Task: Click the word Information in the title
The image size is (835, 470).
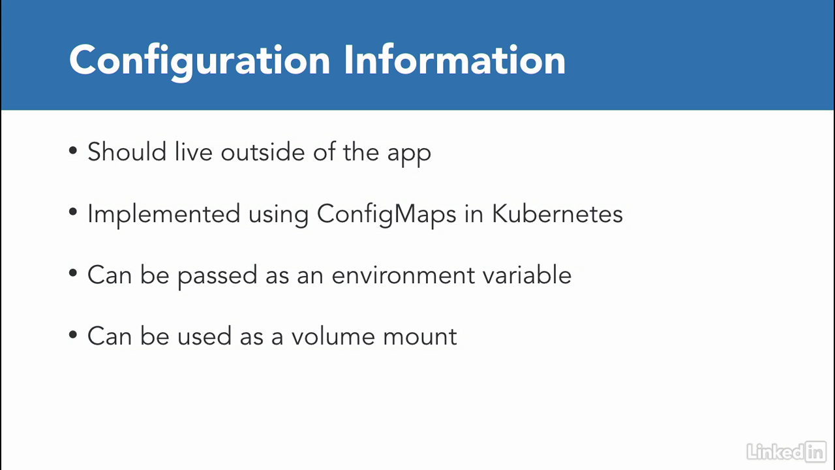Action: (x=455, y=59)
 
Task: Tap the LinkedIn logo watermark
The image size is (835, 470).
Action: (x=786, y=452)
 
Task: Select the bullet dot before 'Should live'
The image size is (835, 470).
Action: (x=73, y=151)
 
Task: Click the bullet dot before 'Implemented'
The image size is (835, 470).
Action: (x=73, y=212)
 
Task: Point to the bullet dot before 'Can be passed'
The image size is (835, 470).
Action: (x=73, y=274)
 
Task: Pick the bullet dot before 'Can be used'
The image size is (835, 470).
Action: (x=73, y=335)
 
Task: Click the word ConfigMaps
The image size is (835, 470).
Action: (x=387, y=215)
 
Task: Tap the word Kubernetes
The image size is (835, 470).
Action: (x=557, y=213)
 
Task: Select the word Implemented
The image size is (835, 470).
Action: (x=164, y=215)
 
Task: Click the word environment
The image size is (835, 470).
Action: (x=403, y=275)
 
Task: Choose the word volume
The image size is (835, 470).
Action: (x=333, y=336)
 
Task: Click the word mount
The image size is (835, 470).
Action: (x=419, y=337)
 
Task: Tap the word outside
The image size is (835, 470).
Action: (x=263, y=152)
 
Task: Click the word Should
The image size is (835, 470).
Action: (x=127, y=152)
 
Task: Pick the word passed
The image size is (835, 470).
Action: (x=217, y=276)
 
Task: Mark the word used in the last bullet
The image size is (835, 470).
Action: (x=204, y=336)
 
